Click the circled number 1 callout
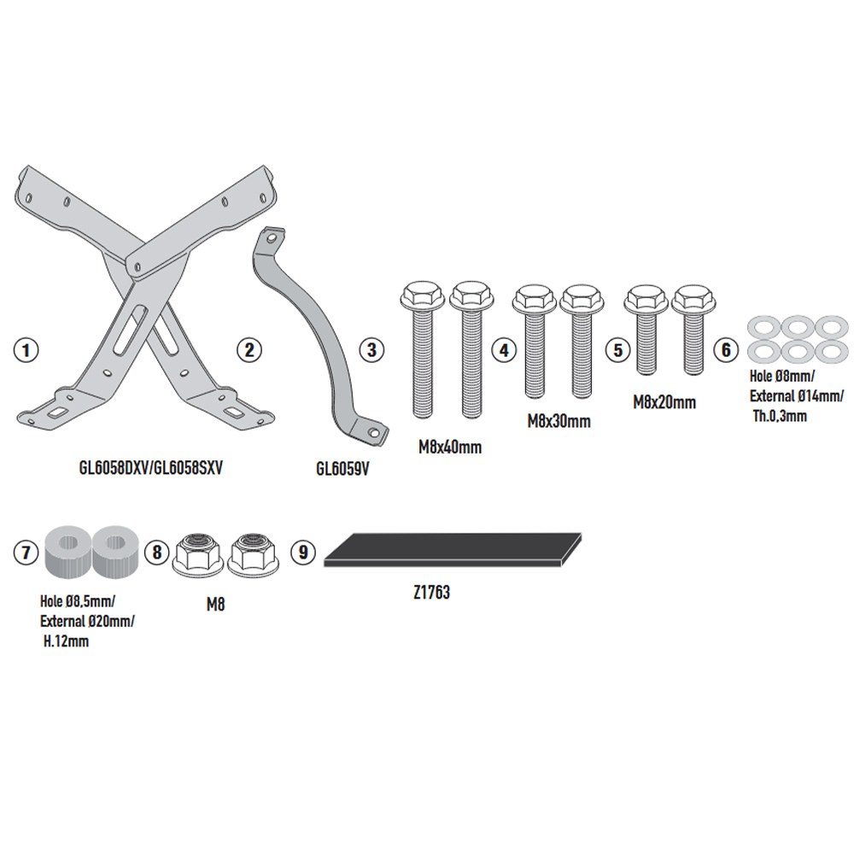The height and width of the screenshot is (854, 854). pos(26,349)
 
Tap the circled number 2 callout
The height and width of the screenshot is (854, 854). pos(249,349)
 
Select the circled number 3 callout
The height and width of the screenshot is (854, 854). pos(372,349)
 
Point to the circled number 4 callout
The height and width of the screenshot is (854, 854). pos(505,349)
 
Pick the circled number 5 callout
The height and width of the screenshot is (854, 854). pos(618,349)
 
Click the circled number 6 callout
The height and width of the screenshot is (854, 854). pos(726,349)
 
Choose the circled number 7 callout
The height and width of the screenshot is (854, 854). pos(26,553)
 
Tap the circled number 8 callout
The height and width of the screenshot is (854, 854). pos(157,553)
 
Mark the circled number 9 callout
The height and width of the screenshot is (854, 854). pos(303,553)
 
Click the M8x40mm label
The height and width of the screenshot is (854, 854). pos(450,447)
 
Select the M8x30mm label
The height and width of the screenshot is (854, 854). pos(559,421)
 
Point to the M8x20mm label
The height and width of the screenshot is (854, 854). pos(664,402)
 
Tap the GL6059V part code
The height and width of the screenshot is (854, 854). pos(342,469)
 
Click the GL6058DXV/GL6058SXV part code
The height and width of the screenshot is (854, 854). pos(151,468)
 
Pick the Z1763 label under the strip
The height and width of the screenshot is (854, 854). pos(432,593)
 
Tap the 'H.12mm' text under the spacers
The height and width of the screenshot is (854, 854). pos(66,641)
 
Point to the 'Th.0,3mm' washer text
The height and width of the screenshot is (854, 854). pos(780,417)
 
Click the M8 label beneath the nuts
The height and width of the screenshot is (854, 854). pos(216,605)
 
